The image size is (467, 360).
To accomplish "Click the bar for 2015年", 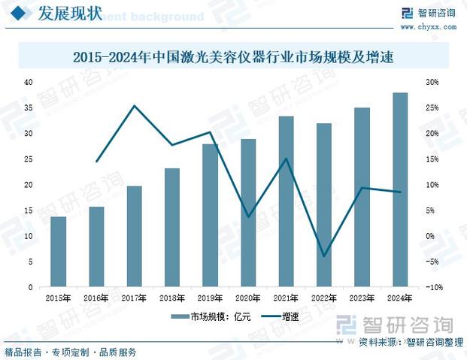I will pyautogui.click(x=58, y=252).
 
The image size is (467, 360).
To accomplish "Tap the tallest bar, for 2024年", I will pyautogui.click(x=400, y=190).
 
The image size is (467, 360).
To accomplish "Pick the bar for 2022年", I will pyautogui.click(x=324, y=205).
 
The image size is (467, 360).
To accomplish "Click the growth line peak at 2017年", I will pyautogui.click(x=134, y=106).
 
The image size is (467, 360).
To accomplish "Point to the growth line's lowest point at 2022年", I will pyautogui.click(x=324, y=256).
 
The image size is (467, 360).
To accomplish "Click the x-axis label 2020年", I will pyautogui.click(x=248, y=298).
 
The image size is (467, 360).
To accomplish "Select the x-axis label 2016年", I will pyautogui.click(x=96, y=298).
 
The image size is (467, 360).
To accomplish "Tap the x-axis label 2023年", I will pyautogui.click(x=362, y=298).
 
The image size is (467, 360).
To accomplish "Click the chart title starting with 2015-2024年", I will pyautogui.click(x=233, y=56).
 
